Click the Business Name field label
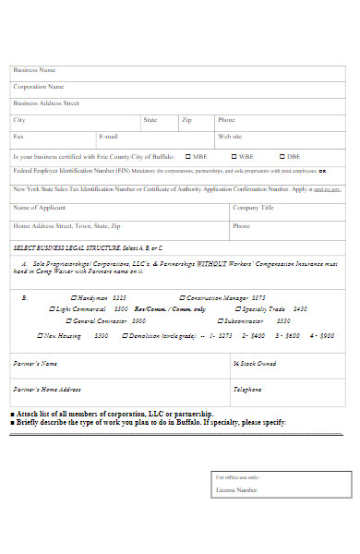[34, 70]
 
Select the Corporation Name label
[38, 87]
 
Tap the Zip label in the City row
[186, 120]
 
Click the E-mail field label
[108, 137]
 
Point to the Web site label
[230, 137]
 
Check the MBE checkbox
[188, 157]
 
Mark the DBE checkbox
[281, 157]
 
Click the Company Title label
[253, 208]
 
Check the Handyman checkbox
[74, 298]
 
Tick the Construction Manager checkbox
[183, 298]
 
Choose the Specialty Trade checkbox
[237, 309]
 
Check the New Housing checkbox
[41, 336]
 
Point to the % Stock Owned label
[255, 364]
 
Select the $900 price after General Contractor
[138, 321]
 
